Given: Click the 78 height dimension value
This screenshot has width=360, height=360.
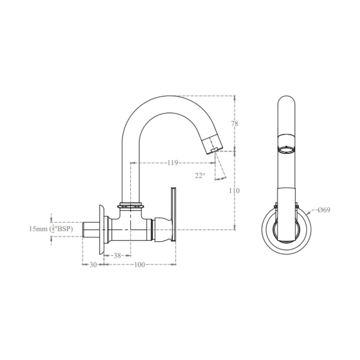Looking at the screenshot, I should point(235,124).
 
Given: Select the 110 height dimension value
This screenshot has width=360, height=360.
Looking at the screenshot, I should point(234,191).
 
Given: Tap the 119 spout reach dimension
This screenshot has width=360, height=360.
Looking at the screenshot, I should point(172,163).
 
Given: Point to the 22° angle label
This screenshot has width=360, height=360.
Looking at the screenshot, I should point(200,176).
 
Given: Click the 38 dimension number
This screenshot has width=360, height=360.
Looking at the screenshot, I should point(117,256).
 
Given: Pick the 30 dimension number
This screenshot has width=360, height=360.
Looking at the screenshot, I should point(93,265).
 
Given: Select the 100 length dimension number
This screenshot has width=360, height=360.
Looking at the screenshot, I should point(139,265).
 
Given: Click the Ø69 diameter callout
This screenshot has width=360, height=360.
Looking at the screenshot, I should point(324,210).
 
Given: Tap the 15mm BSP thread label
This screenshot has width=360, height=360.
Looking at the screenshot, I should point(51,229).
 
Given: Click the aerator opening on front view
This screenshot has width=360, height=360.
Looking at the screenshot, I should point(286,151).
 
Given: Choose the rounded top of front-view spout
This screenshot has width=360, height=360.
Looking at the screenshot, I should point(286,100).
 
